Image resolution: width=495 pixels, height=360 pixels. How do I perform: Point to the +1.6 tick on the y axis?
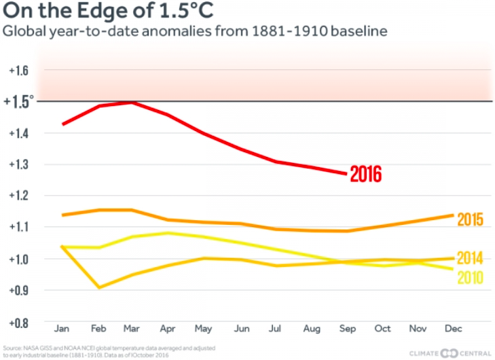(18, 71)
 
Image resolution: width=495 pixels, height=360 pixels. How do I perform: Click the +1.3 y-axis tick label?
(18, 165)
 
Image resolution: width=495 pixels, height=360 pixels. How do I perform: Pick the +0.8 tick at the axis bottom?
(18, 321)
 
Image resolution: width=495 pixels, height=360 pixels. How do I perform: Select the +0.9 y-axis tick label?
(18, 290)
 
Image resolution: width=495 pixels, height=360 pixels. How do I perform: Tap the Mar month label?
(133, 328)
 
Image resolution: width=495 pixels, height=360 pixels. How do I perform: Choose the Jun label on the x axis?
(240, 328)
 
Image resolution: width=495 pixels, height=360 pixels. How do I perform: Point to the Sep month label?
(347, 328)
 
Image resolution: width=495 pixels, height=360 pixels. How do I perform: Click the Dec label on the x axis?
(454, 328)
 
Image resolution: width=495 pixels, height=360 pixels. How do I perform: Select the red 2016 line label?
(367, 175)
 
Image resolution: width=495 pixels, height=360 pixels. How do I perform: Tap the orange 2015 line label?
(470, 219)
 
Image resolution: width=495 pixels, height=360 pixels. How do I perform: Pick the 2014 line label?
(470, 258)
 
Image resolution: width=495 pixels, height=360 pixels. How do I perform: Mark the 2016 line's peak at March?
(133, 102)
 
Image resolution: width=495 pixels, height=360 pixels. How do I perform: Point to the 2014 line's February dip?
(98, 288)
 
